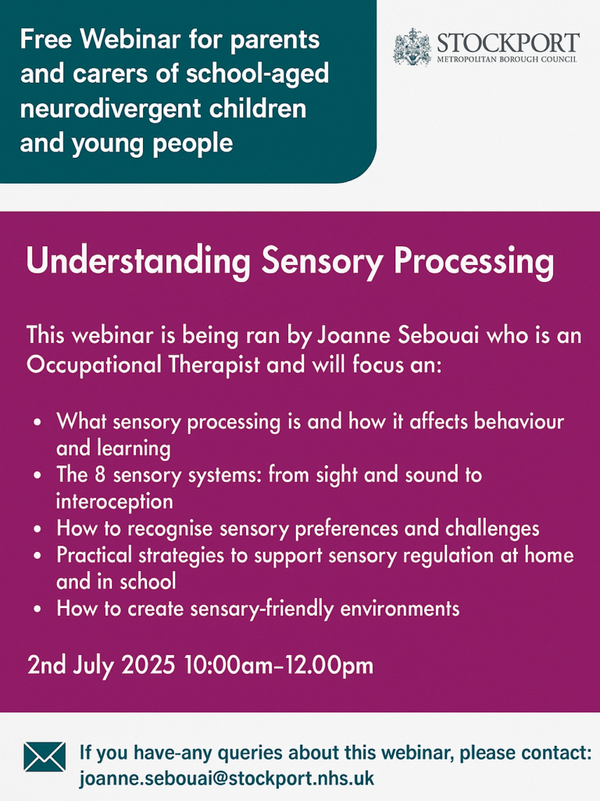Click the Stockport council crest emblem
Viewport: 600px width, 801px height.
pyautogui.click(x=412, y=46)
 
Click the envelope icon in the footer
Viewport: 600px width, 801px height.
pyautogui.click(x=45, y=756)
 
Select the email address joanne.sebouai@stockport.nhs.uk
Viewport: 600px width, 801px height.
pyautogui.click(x=227, y=778)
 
